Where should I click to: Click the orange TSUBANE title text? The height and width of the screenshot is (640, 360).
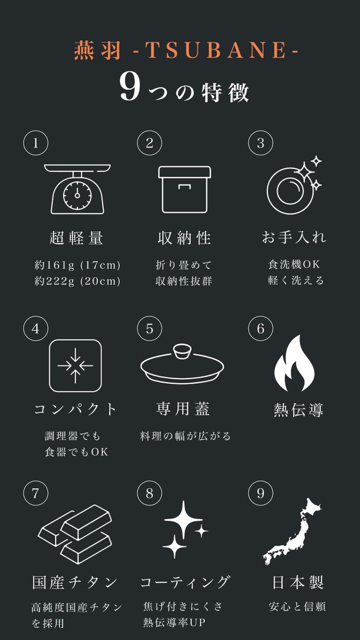pyautogui.click(x=186, y=50)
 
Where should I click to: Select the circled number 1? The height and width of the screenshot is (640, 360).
pyautogui.click(x=36, y=143)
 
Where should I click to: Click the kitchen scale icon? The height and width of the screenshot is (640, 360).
pyautogui.click(x=77, y=189)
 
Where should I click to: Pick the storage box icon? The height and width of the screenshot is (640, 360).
pyautogui.click(x=185, y=190)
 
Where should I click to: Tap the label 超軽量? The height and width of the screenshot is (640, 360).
pyautogui.click(x=76, y=238)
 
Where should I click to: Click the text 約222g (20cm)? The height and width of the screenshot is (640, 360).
pyautogui.click(x=77, y=281)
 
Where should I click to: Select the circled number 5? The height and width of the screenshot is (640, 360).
pyautogui.click(x=150, y=329)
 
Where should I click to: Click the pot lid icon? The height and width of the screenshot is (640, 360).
pyautogui.click(x=183, y=364)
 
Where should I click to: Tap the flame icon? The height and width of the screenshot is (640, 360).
pyautogui.click(x=294, y=363)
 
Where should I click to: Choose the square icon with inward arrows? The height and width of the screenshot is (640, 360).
pyautogui.click(x=75, y=365)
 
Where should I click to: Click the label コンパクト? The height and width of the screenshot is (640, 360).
pyautogui.click(x=75, y=409)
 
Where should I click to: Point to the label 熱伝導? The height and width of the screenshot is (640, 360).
pyautogui.click(x=298, y=410)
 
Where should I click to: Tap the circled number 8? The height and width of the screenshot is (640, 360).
pyautogui.click(x=150, y=493)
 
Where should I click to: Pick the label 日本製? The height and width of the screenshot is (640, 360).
pyautogui.click(x=298, y=582)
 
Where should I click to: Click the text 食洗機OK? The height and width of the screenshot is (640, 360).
pyautogui.click(x=294, y=264)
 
